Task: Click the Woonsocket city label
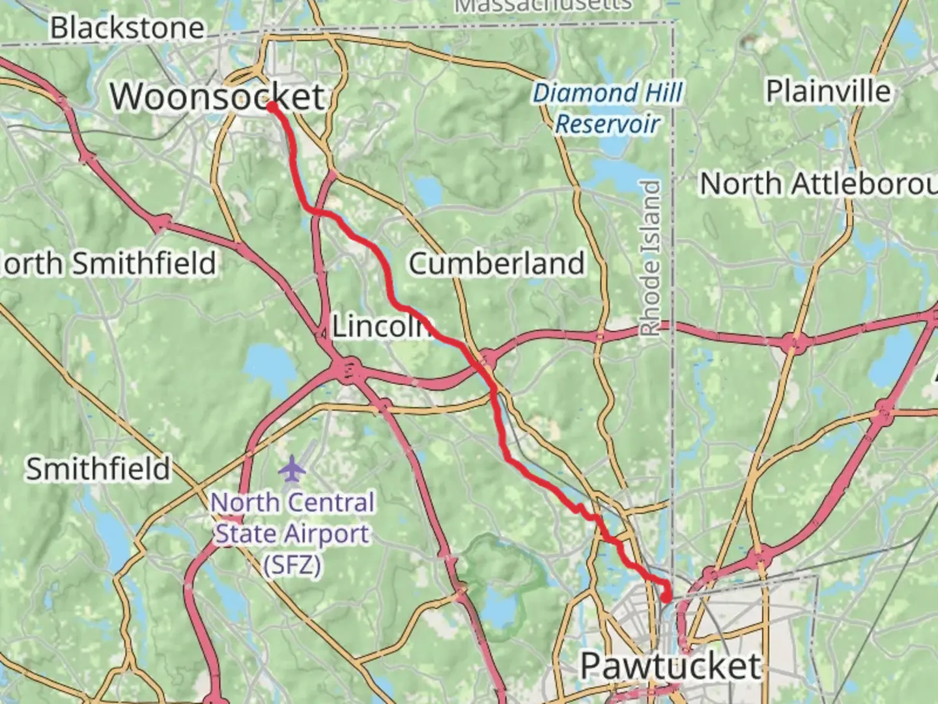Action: (x=217, y=97)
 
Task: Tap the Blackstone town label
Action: (x=128, y=28)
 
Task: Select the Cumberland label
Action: (x=496, y=263)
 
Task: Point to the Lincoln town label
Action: (x=382, y=326)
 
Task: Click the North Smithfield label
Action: (x=108, y=263)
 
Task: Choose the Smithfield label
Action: (x=98, y=469)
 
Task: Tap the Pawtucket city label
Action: (x=670, y=666)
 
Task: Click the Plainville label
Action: (x=828, y=91)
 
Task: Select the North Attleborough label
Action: (x=818, y=184)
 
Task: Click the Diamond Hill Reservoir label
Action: (x=607, y=108)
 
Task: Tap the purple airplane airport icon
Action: (x=292, y=467)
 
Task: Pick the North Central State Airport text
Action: (x=292, y=518)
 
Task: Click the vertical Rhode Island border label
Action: (x=651, y=257)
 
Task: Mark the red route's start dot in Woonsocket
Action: (x=271, y=106)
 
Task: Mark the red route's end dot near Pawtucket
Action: (x=666, y=596)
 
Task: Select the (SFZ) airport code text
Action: (x=292, y=564)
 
